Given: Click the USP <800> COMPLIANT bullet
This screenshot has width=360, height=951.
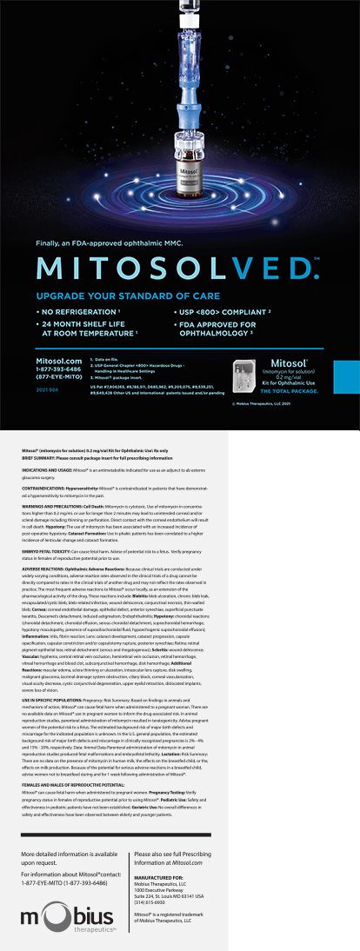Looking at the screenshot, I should (237, 310).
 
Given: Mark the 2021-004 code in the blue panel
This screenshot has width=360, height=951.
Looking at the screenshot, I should (49, 391).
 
